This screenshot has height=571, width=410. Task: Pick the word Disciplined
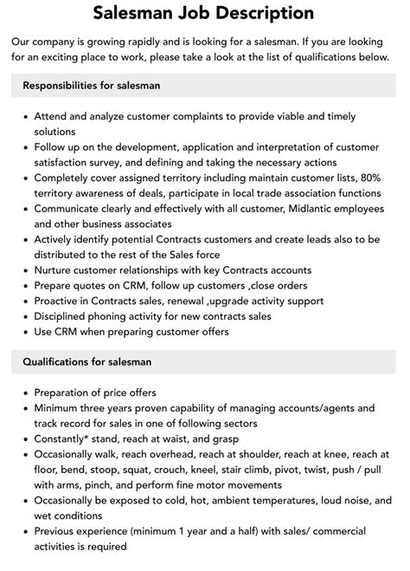[x=68, y=316]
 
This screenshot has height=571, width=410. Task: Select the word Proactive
[x=62, y=301]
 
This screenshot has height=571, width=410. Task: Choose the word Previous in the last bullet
[x=61, y=531]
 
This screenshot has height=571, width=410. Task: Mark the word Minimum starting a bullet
[x=62, y=407]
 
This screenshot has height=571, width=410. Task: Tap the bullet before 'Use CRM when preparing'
[x=22, y=332]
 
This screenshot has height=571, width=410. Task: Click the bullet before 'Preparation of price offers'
[x=22, y=392]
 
